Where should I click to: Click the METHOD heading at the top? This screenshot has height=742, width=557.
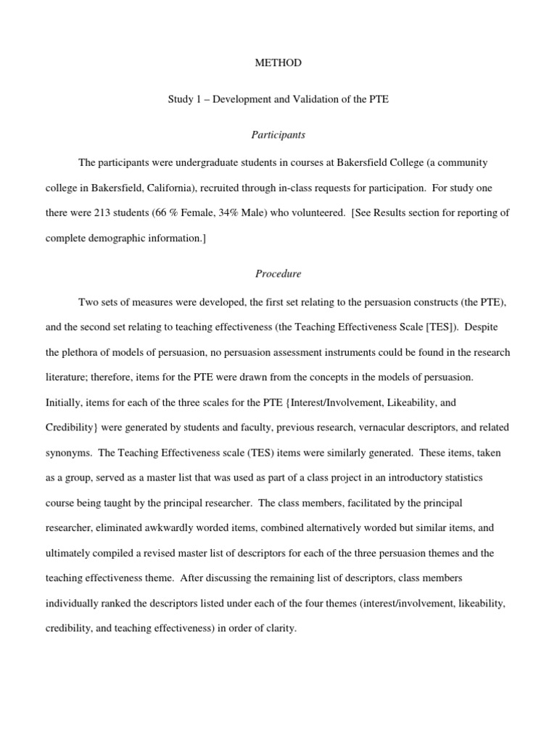pos(278,63)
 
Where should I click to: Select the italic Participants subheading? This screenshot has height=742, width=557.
pos(278,135)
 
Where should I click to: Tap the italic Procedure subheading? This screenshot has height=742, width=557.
pos(278,274)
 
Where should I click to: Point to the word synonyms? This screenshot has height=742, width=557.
pos(67,451)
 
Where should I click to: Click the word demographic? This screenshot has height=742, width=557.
pos(121,237)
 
